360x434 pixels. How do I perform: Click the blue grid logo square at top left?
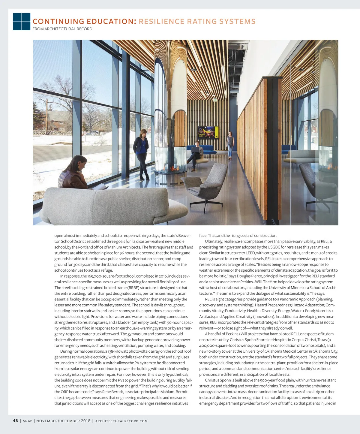pos(22,21)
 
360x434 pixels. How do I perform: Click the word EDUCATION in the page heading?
pos(110,22)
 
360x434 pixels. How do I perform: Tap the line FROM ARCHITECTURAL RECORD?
pos(62,29)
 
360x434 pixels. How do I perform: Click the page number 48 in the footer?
pos(16,421)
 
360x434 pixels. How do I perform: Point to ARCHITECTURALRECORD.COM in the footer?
pos(121,421)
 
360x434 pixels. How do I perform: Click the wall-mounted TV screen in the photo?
pos(208,132)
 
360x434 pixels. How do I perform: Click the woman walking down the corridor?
pos(230,145)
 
